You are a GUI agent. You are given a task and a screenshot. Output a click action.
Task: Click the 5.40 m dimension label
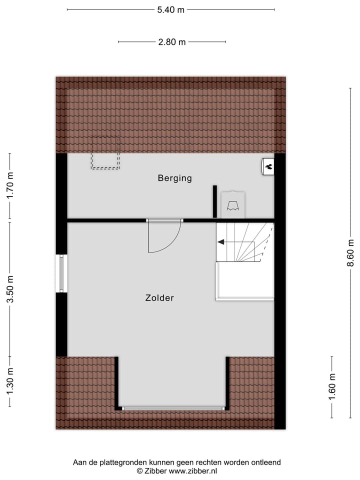pos(170,9)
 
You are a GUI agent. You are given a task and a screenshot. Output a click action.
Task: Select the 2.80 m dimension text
pos(171,42)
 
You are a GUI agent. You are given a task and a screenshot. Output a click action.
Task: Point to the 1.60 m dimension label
pos(332,387)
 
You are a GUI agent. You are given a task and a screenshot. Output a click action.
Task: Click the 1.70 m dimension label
pos(10,186)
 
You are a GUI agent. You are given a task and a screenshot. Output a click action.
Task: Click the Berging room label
pos(174,178)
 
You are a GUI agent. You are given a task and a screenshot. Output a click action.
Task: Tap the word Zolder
pos(159,298)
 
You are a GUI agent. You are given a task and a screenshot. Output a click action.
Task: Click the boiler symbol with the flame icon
pos(268,166)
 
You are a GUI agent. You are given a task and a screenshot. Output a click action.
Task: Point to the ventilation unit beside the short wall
pos(232,204)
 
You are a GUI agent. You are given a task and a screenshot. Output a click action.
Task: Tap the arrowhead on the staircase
pos(220,242)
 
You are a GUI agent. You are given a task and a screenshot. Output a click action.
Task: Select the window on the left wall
pos(61,273)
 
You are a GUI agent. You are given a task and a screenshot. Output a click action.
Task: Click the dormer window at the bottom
pos(172,408)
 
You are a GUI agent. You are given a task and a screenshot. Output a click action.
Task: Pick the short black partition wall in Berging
pos(214,201)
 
